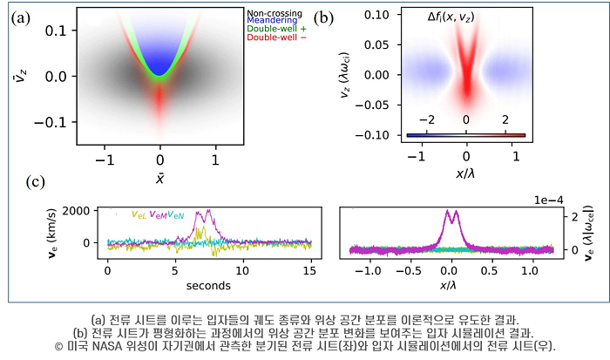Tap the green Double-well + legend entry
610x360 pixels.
(x=275, y=30)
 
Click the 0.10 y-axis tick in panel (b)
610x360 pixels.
(x=378, y=15)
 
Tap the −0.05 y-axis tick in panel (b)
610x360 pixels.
(x=375, y=105)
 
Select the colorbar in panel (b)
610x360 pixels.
(x=466, y=135)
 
